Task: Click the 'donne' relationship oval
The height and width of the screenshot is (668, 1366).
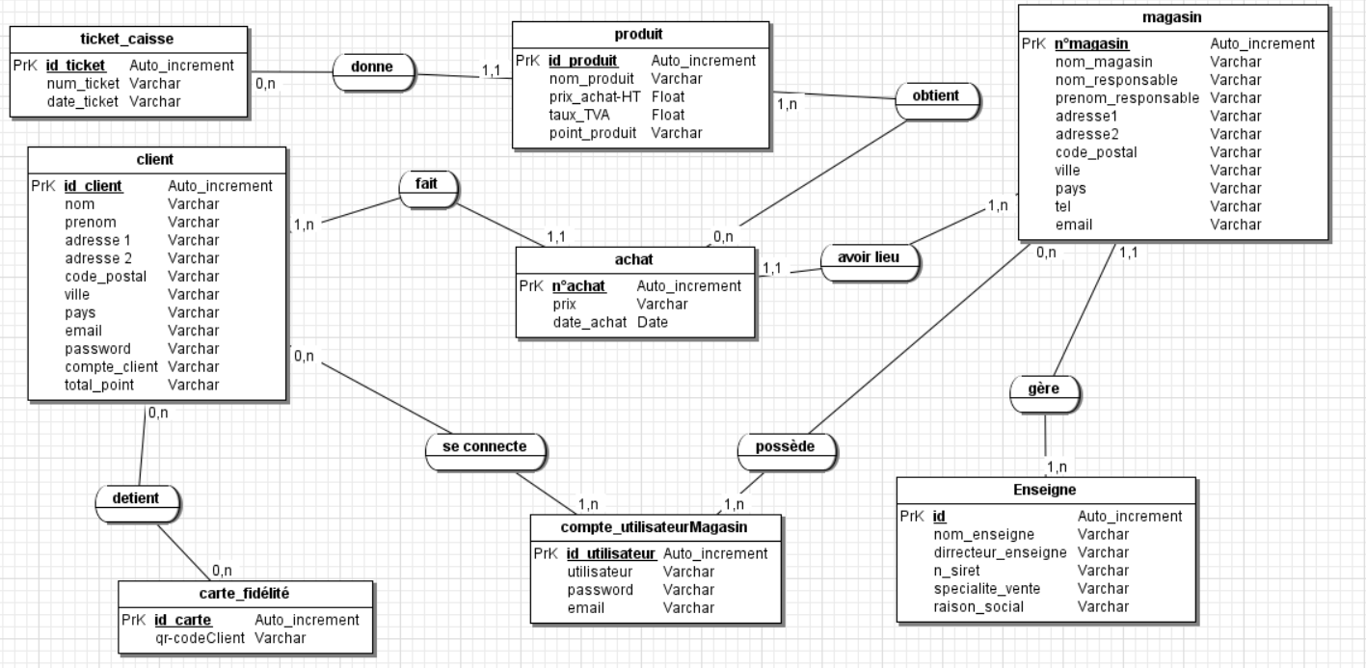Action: (x=375, y=67)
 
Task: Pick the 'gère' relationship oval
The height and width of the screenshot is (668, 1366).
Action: (x=1045, y=389)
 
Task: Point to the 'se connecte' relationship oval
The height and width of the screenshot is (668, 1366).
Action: (x=486, y=447)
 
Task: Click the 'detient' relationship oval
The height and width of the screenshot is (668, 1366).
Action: (x=139, y=498)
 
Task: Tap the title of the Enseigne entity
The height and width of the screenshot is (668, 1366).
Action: (x=1045, y=490)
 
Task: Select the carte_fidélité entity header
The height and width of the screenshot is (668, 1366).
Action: (x=245, y=594)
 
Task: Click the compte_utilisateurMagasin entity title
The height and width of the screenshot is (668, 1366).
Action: (x=655, y=527)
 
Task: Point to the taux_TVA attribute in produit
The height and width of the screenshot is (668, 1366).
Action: (x=579, y=115)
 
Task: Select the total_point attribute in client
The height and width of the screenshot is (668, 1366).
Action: (x=99, y=385)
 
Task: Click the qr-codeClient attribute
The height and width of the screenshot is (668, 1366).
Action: (x=201, y=638)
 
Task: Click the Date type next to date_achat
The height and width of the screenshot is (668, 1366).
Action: (x=653, y=322)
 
